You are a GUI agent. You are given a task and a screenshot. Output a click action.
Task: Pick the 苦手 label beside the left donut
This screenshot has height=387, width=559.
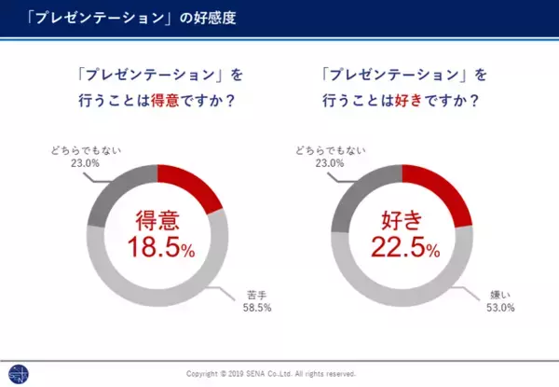point(252,293)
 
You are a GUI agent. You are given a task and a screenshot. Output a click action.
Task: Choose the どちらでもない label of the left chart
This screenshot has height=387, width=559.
point(83,148)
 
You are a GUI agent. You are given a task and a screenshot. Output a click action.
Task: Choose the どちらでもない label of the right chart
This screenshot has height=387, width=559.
point(327,148)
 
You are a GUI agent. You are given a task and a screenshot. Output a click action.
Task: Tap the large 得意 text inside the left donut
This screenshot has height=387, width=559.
point(157,221)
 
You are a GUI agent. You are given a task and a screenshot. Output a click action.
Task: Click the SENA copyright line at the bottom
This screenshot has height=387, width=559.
point(270,374)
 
